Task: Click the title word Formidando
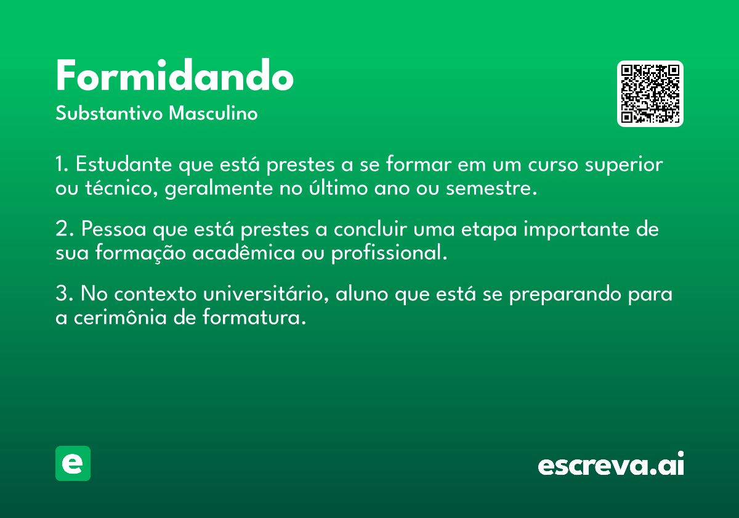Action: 174,75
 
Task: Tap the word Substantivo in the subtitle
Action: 109,113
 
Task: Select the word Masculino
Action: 213,113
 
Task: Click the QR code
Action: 650,94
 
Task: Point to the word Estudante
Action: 124,164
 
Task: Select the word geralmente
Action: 219,189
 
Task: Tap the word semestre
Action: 491,189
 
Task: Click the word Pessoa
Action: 113,229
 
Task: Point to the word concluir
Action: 370,229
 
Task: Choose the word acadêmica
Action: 243,253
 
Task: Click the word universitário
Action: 266,294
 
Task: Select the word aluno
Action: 361,294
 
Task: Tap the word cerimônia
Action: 120,318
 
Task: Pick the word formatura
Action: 254,318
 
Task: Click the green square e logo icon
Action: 73,463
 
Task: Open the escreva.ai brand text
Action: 611,464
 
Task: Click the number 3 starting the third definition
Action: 62,294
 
